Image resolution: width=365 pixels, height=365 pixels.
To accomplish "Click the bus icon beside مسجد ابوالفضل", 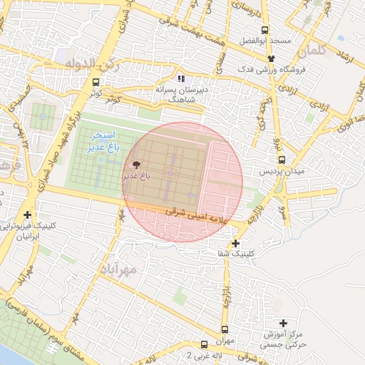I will (264, 30).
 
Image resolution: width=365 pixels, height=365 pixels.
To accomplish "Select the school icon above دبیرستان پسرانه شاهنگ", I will (181, 78).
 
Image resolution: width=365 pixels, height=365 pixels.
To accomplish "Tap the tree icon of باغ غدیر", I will (138, 164).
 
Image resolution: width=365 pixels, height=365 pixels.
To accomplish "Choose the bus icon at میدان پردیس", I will (282, 160).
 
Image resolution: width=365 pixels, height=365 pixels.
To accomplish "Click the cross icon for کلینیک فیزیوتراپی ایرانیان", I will (28, 215).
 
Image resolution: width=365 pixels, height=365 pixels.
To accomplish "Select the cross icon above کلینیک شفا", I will (235, 243).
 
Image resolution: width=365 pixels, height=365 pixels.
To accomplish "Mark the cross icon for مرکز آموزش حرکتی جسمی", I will (284, 323).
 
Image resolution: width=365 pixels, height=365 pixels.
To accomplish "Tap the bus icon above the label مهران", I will (225, 329).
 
